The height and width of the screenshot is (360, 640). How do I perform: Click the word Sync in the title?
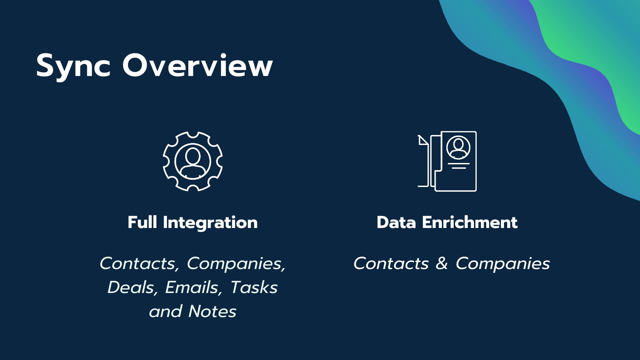tap(73, 66)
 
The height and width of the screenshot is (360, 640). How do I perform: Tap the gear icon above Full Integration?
tap(193, 161)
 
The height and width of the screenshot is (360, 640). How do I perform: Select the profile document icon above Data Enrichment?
tap(447, 161)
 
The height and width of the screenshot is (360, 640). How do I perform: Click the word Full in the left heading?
tap(142, 222)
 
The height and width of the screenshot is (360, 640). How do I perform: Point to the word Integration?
tap(210, 223)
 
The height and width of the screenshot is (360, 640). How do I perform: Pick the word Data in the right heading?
tap(396, 222)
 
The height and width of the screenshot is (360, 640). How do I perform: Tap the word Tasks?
tap(254, 287)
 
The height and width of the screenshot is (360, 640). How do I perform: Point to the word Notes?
tap(212, 311)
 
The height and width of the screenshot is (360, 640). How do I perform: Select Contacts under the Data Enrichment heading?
tap(391, 264)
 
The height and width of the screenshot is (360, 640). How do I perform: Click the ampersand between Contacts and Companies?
tap(442, 264)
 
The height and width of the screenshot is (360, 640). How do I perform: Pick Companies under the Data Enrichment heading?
tap(503, 264)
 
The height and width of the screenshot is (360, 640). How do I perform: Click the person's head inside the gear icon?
tap(193, 155)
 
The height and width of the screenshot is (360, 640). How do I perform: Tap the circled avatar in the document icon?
tap(458, 148)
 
